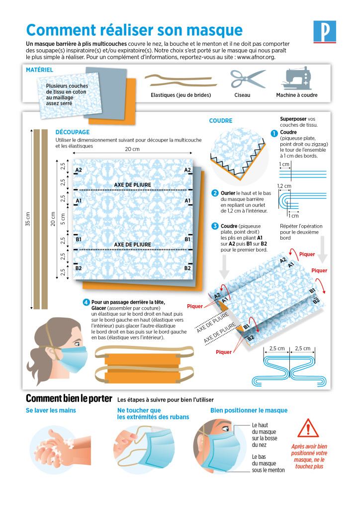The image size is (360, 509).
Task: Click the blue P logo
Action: pos(325,31)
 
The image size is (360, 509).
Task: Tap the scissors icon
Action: pos(248,79)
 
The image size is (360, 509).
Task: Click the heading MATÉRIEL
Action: pos(39,70)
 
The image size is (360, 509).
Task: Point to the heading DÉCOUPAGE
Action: pos(73,132)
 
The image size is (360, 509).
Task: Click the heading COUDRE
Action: pos(221,121)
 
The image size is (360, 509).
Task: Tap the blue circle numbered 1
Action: pos(274,133)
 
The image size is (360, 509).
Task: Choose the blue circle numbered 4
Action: pos(86,302)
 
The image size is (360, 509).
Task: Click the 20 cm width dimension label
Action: pos(132,149)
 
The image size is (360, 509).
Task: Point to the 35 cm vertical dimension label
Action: pos(28,219)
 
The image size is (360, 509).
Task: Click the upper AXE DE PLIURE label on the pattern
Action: pos(132,185)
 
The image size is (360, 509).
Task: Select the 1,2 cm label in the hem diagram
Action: pos(284,186)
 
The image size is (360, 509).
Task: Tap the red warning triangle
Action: pos(308,428)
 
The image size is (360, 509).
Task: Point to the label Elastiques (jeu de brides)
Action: pos(181,95)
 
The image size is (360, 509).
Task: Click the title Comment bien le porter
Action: pos(69,398)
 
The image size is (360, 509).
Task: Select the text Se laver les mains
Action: pos(51,410)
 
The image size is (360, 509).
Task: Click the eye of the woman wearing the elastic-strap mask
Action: pos(77,344)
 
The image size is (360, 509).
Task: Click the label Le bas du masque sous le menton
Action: pos(268,464)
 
